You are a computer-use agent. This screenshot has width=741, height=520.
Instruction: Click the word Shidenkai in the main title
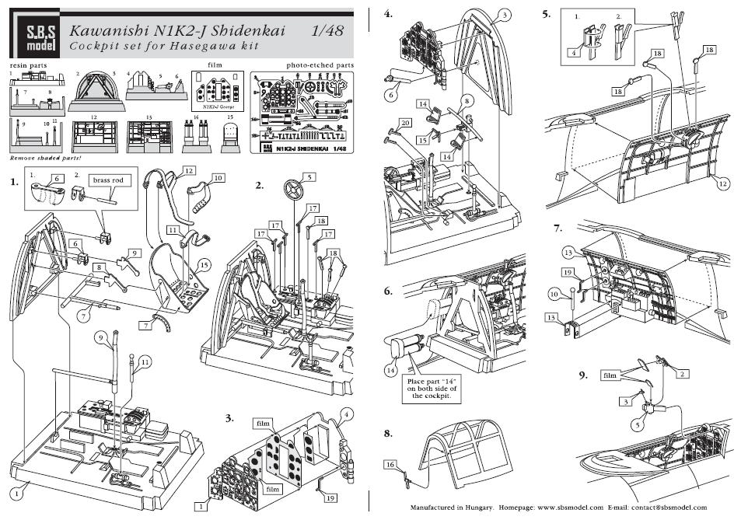point(248,30)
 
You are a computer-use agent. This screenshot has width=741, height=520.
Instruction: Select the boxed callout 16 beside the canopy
point(391,464)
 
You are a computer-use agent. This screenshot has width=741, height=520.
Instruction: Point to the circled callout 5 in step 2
point(309,177)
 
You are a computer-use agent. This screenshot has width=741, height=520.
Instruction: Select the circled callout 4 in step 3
point(347,412)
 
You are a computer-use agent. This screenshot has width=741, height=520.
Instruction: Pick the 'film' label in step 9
point(611,375)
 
